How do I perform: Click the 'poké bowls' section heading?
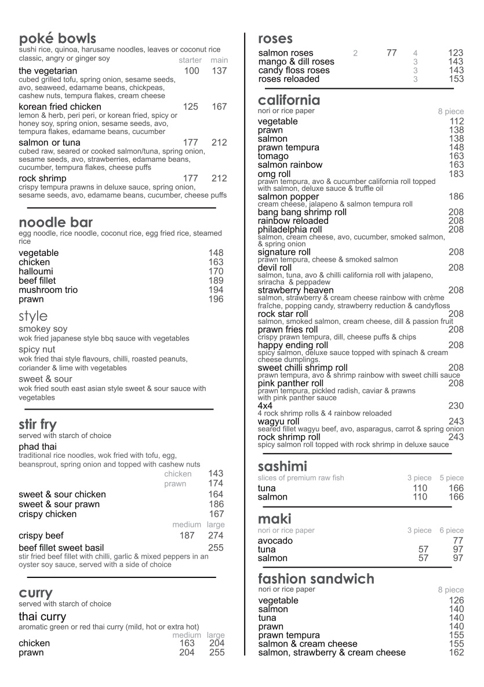57,39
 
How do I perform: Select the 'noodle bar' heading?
56,223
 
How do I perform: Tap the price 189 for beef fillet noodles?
216,281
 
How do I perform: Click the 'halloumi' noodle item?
36,272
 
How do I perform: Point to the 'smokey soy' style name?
43,329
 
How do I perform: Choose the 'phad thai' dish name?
37,447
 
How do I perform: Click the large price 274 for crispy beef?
216,536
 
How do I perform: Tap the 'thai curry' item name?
42,617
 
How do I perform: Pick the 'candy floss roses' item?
294,70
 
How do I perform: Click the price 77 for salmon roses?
392,53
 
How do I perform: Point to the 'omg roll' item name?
274,174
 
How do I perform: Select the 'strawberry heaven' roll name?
296,290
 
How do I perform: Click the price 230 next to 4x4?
456,406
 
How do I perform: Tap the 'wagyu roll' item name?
279,421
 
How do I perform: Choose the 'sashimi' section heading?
282,467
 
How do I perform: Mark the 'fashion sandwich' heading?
316,579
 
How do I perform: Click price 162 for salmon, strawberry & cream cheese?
456,653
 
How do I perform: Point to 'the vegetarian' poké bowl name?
48,71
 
